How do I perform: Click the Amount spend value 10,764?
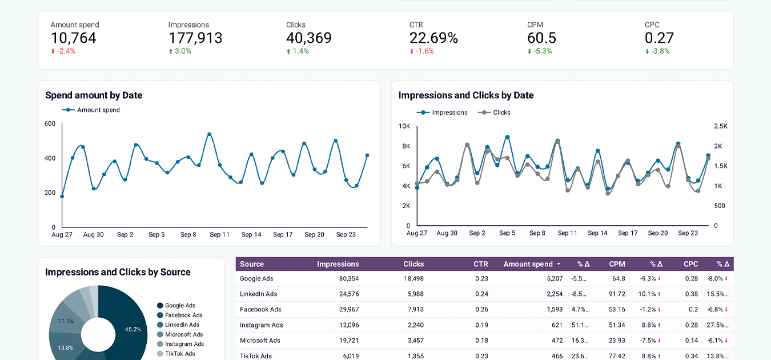point(73,38)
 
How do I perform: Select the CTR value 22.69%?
point(433,38)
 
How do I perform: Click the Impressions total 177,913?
point(195,38)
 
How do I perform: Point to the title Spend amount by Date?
point(94,95)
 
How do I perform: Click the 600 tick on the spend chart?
point(50,124)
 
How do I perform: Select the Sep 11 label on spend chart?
point(219,235)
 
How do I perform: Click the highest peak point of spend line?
point(209,134)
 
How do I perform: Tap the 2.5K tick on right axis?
point(720,126)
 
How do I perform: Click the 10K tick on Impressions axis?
point(404,126)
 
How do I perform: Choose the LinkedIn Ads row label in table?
point(258,294)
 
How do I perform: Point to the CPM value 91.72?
point(616,294)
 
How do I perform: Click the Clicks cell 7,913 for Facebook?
point(413,310)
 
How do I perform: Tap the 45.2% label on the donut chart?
point(133,329)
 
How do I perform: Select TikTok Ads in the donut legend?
point(180,354)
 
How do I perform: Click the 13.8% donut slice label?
point(66,347)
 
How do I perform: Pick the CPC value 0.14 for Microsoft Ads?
point(692,341)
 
